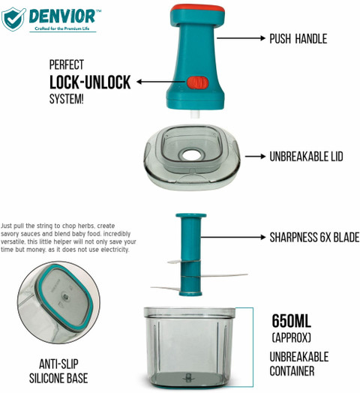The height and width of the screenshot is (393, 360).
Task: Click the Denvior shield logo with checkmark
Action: click(13, 19)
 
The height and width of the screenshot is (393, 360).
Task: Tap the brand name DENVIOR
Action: click(62, 16)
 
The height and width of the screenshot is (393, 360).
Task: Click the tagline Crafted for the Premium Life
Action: click(62, 28)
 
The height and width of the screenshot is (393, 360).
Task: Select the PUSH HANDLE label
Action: click(298, 39)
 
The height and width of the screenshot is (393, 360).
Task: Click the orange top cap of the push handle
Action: click(197, 9)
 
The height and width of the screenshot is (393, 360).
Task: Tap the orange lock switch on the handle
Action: click(197, 82)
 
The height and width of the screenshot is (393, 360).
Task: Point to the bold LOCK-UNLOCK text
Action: click(90, 82)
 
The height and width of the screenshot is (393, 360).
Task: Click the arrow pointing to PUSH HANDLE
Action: click(241, 38)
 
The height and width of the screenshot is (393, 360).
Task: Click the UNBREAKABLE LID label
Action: click(306, 157)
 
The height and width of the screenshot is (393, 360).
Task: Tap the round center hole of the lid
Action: click(192, 155)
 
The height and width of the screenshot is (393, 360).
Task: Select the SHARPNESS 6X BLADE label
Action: click(314, 237)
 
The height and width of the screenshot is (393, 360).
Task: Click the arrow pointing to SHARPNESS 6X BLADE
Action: click(233, 237)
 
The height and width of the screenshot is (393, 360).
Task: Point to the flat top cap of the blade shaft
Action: click(191, 215)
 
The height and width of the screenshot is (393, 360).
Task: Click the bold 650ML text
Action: click(291, 321)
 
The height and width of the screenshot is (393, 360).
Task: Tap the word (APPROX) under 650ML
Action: click(291, 337)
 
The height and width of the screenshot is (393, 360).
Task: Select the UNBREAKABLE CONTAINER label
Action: click(298, 364)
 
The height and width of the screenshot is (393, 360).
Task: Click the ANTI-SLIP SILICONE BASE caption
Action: click(58, 371)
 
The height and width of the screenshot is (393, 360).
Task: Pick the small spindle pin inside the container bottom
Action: click(188, 377)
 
